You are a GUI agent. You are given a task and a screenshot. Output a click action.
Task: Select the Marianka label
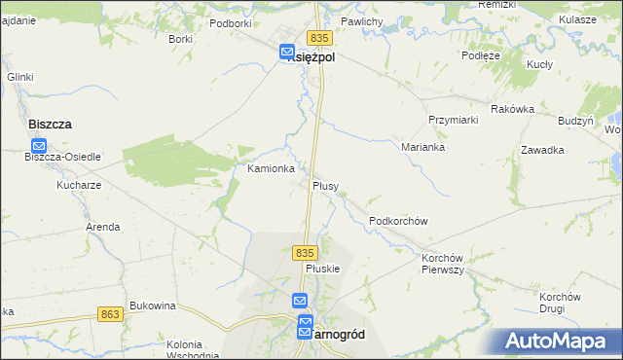[x=422, y=148]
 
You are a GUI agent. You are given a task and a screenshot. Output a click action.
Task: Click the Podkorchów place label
[x=398, y=221]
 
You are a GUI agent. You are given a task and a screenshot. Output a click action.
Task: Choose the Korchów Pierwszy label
[x=442, y=264]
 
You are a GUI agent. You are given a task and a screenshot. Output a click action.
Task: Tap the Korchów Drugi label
[x=560, y=303]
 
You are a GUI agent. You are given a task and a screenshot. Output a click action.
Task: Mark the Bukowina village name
[x=152, y=306]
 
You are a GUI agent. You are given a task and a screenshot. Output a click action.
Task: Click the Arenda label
[x=103, y=227]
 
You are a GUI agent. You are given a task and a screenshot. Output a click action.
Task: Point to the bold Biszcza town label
[x=51, y=125]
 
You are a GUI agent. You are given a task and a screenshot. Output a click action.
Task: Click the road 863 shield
[x=110, y=314]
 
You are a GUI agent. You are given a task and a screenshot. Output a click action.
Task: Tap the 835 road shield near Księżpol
[x=323, y=37]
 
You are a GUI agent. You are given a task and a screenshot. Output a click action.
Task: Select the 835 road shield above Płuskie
[x=304, y=252]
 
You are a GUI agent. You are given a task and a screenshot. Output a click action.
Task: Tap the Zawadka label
[x=542, y=150]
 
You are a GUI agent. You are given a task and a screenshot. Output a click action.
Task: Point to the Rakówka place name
[x=513, y=109]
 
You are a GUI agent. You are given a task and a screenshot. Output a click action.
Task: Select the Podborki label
[x=230, y=22]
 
